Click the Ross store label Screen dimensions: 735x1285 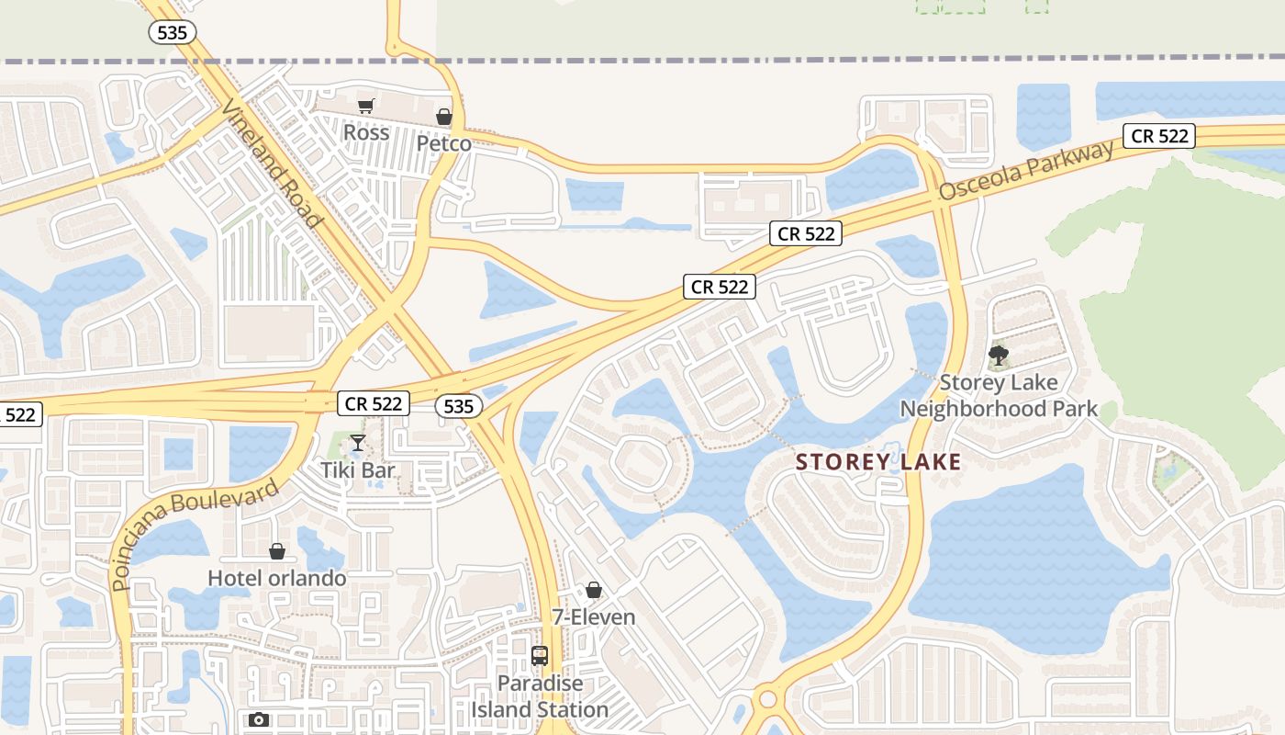tap(366, 132)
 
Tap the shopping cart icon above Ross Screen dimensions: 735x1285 tap(366, 107)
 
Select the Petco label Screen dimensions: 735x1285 tap(444, 143)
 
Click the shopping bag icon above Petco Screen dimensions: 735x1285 tap(444, 117)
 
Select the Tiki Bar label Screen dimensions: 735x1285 tap(358, 470)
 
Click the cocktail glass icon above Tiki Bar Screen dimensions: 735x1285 tap(358, 444)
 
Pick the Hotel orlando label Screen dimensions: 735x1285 tap(277, 578)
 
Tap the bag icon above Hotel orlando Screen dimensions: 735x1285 tap(277, 551)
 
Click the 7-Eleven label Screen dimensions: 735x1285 tap(594, 616)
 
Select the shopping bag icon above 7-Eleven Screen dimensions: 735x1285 tap(594, 590)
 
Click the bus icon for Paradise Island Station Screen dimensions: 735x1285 tap(540, 656)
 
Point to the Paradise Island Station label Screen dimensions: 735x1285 tap(540, 696)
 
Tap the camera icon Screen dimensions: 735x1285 tap(259, 719)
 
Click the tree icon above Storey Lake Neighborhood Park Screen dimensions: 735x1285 tap(999, 355)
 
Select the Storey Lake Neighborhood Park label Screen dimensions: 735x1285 tap(999, 395)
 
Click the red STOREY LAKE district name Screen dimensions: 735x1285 tap(878, 461)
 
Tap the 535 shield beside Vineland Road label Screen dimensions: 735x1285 tap(173, 33)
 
